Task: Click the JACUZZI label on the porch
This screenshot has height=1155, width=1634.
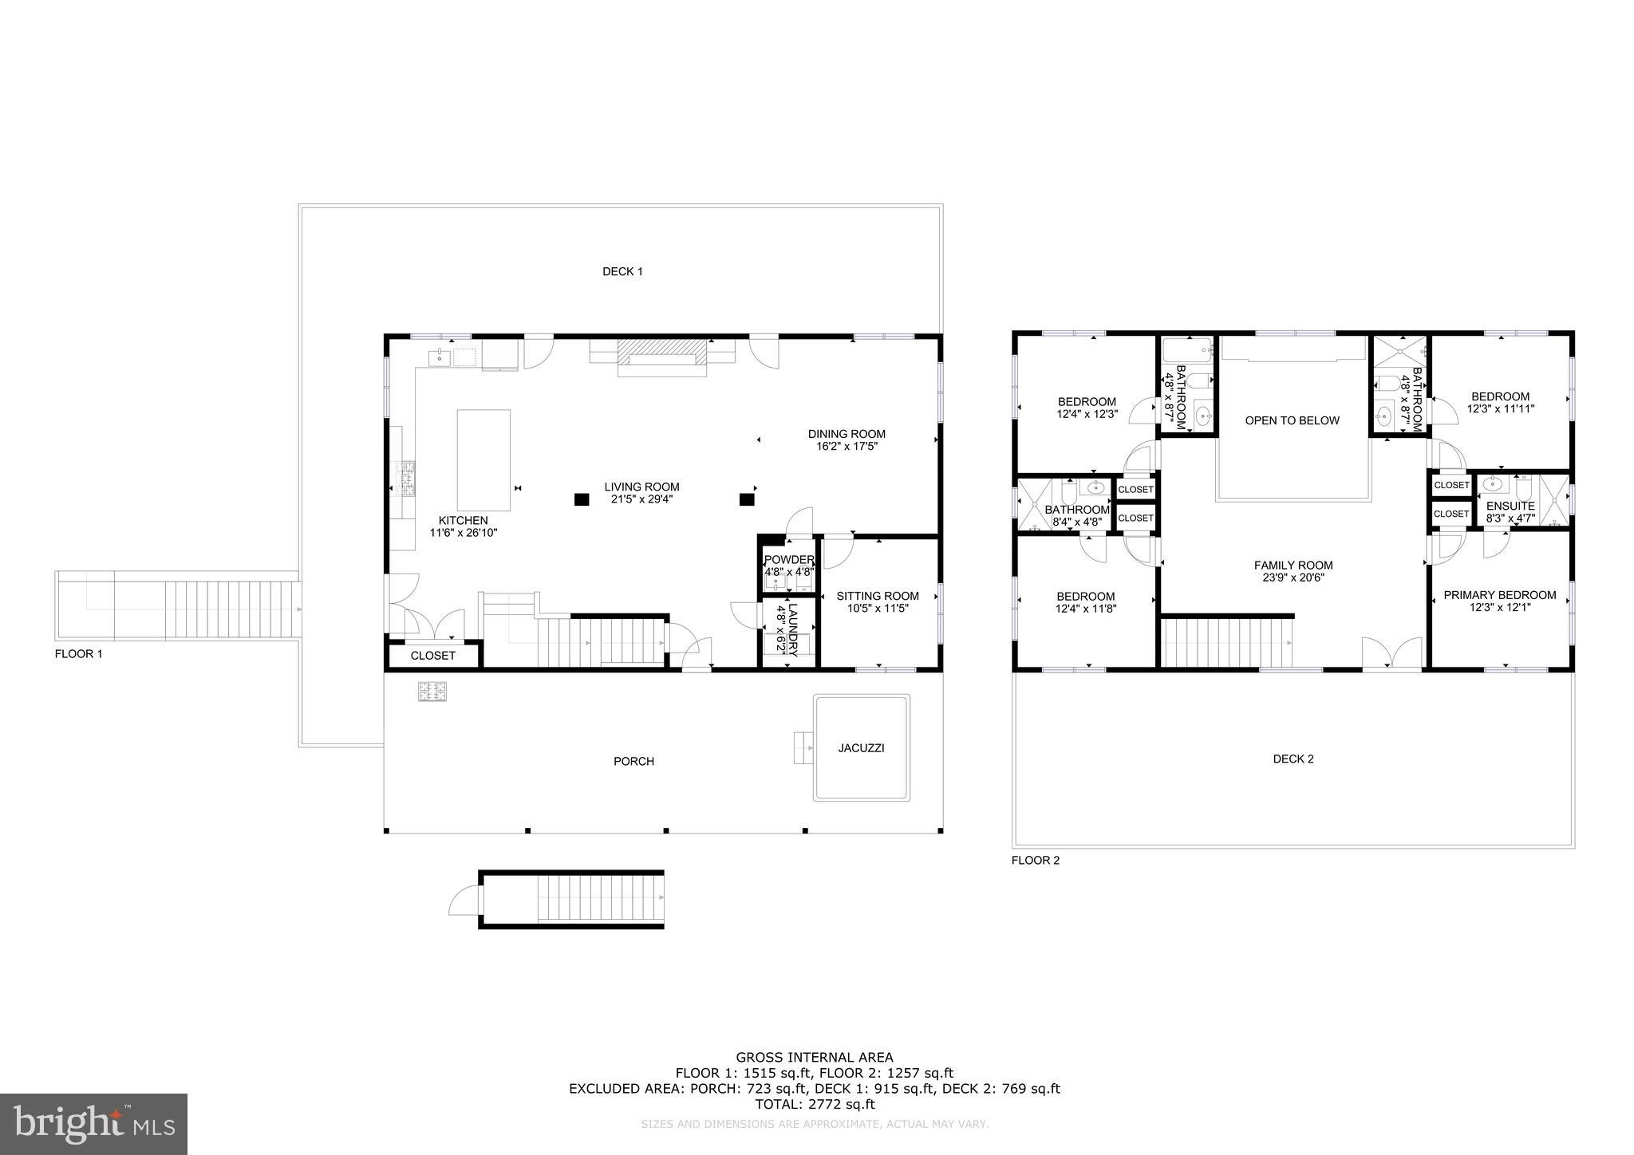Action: (x=861, y=748)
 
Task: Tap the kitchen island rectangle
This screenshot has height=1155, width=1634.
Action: (x=483, y=460)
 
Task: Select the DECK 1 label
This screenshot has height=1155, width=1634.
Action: (x=622, y=271)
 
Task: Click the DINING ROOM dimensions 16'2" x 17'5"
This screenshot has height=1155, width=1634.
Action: (x=847, y=447)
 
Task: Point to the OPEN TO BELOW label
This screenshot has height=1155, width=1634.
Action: (x=1292, y=420)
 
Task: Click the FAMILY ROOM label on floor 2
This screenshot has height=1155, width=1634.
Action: (x=1293, y=566)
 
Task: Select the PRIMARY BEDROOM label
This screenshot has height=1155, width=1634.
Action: (x=1499, y=595)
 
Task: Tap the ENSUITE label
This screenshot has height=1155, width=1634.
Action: (x=1510, y=506)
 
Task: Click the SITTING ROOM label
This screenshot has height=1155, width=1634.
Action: (x=877, y=596)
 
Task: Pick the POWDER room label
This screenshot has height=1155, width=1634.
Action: (x=789, y=560)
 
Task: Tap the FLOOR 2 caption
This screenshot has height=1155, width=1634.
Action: (x=1035, y=861)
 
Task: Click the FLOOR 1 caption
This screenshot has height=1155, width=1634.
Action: (x=78, y=654)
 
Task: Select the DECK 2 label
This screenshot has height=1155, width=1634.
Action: (x=1293, y=759)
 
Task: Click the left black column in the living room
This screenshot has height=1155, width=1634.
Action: (x=582, y=499)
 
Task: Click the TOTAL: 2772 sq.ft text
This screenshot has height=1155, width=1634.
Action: (x=815, y=1105)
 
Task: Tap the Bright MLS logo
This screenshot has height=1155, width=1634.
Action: (x=93, y=1125)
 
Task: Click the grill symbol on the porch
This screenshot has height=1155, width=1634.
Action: (x=432, y=692)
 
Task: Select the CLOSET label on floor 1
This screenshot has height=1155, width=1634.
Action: (x=432, y=656)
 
